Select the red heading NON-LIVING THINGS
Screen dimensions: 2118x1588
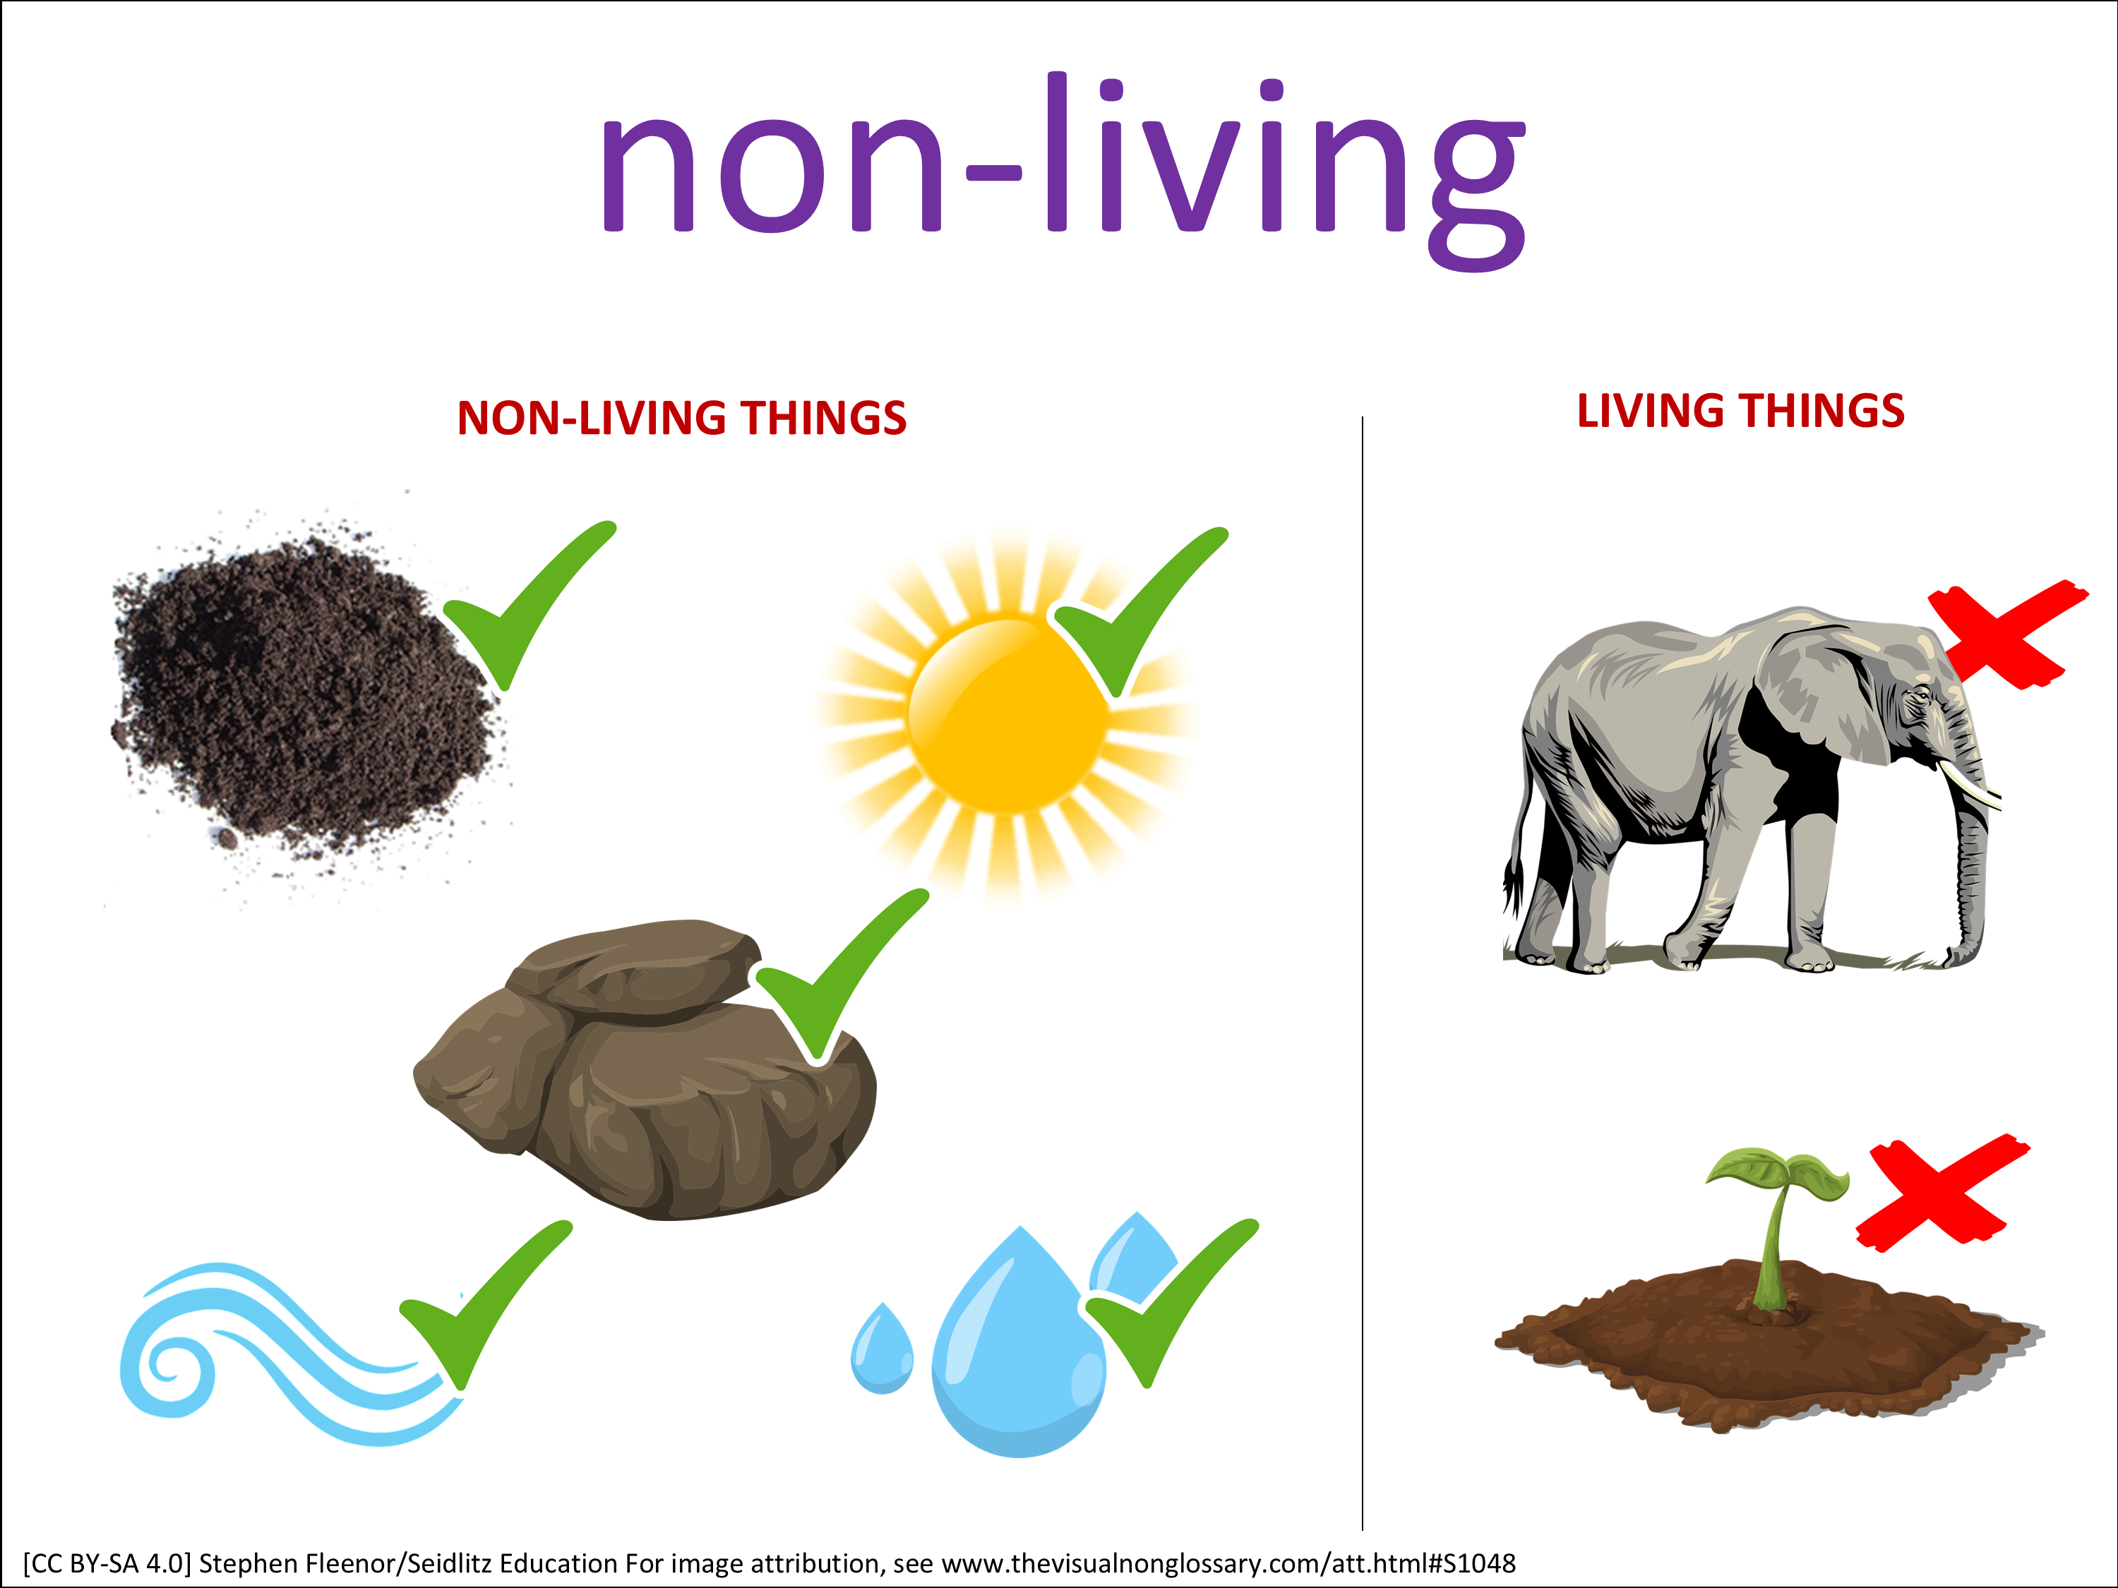(x=682, y=419)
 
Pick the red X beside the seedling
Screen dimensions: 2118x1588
(x=1941, y=1193)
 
